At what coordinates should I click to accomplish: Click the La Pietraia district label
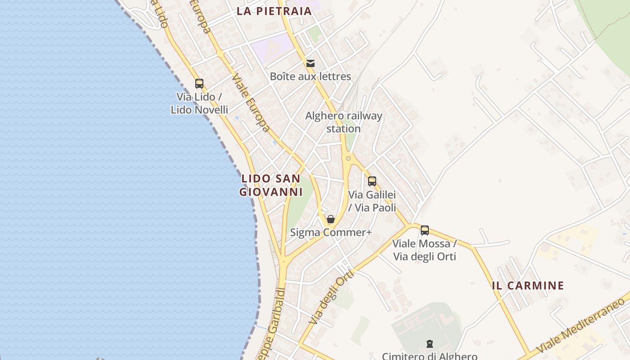pyautogui.click(x=274, y=11)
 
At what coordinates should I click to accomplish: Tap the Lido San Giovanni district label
pyautogui.click(x=270, y=185)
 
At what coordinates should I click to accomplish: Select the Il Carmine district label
pyautogui.click(x=528, y=285)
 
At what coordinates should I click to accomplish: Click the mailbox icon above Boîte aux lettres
pyautogui.click(x=310, y=63)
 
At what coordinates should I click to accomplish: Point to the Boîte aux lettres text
pyautogui.click(x=310, y=76)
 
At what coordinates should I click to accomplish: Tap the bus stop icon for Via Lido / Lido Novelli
pyautogui.click(x=199, y=84)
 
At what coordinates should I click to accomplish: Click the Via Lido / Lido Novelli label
pyautogui.click(x=199, y=103)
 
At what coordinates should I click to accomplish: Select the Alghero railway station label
pyautogui.click(x=344, y=122)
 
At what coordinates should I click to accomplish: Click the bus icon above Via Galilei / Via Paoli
pyautogui.click(x=372, y=181)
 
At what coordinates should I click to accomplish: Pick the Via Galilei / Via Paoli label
pyautogui.click(x=372, y=201)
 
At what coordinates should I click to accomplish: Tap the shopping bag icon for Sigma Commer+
pyautogui.click(x=331, y=219)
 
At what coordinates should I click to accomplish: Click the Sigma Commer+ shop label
pyautogui.click(x=331, y=233)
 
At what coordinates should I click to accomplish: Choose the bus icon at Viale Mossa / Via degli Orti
pyautogui.click(x=425, y=230)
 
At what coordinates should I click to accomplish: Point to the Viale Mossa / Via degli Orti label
pyautogui.click(x=425, y=250)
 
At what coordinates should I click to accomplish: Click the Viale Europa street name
pyautogui.click(x=252, y=103)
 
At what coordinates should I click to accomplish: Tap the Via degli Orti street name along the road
pyautogui.click(x=332, y=297)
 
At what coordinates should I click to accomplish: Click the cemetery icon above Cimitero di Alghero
pyautogui.click(x=430, y=344)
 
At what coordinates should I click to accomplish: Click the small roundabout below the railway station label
pyautogui.click(x=348, y=158)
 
